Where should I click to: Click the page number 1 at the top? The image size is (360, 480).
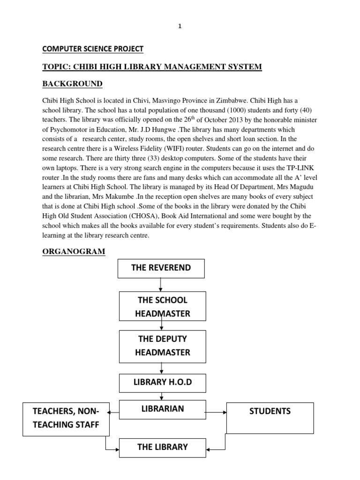(180, 27)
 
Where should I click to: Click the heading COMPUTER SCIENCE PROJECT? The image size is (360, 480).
(93, 49)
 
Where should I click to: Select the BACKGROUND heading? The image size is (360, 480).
(72, 83)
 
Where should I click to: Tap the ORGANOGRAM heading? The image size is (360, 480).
(74, 252)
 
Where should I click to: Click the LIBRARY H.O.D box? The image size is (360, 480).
(162, 382)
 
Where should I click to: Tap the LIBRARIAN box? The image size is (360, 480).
(162, 409)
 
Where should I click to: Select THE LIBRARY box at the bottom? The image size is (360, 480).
(162, 448)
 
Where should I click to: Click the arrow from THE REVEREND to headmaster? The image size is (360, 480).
(161, 285)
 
